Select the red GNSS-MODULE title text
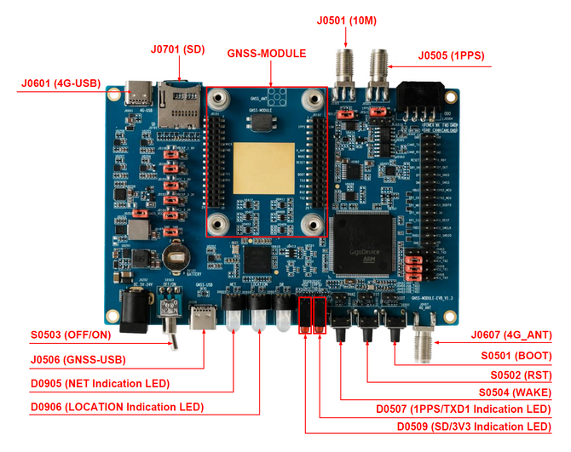[266, 54]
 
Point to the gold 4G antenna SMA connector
[423, 340]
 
